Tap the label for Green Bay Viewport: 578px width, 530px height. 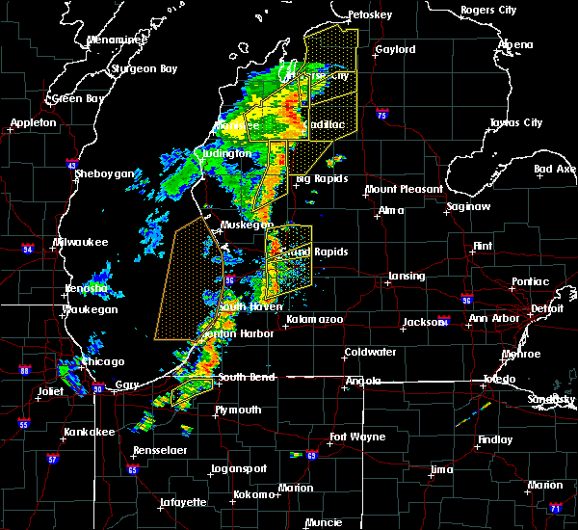coord(79,98)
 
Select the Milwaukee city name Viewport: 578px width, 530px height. coord(81,242)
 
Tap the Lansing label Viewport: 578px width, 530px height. coord(407,277)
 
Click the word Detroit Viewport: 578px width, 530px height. coord(547,308)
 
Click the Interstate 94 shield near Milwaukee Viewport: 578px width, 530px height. coord(29,250)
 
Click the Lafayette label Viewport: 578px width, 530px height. coord(182,502)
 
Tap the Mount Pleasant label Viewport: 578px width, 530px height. coord(404,190)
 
